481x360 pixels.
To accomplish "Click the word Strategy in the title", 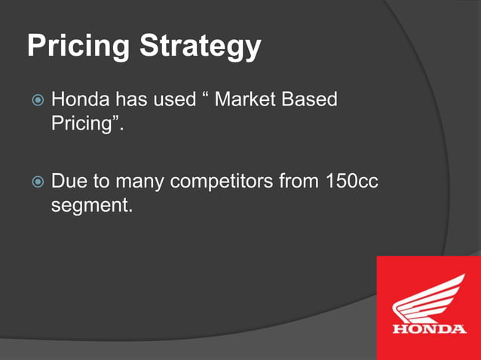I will pos(201,47).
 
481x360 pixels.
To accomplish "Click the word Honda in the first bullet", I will pos(80,99).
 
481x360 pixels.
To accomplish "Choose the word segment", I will pos(90,204).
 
